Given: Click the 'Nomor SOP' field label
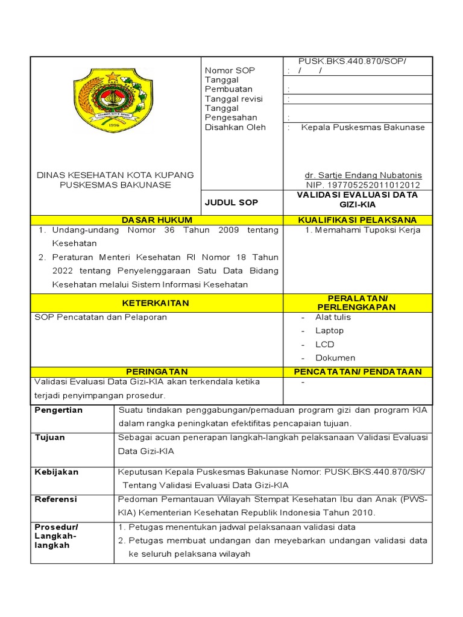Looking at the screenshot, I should [x=230, y=70].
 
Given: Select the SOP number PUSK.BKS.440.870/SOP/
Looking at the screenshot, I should [x=353, y=61].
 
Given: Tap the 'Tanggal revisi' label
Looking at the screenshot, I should [x=234, y=99].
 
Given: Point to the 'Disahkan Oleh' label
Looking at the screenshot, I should [x=235, y=127].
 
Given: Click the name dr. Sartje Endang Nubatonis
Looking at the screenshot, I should [x=363, y=175].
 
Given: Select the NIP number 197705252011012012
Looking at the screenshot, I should [x=363, y=185].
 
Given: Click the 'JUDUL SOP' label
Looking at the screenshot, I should [x=231, y=202].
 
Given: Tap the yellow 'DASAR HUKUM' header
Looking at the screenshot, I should [x=157, y=220].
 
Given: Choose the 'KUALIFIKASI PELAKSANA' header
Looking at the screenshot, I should [x=357, y=220].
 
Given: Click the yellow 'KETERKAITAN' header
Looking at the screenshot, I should [x=156, y=303].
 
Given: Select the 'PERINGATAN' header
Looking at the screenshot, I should [x=157, y=372].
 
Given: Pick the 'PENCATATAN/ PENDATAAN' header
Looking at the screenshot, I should [x=357, y=372].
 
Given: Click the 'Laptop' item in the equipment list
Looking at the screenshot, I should [x=329, y=330].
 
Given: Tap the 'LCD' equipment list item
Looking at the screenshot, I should [x=324, y=344].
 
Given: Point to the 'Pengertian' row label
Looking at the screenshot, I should [x=58, y=410].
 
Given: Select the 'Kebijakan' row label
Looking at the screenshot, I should [x=57, y=472].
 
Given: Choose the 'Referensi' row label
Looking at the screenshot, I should [x=56, y=500].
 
